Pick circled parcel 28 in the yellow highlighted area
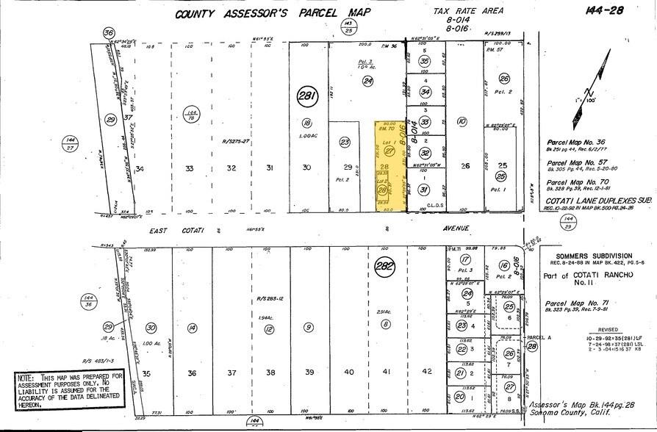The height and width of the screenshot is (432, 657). [381, 190]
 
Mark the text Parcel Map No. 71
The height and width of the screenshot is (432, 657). [581, 303]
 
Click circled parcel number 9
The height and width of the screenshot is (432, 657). [309, 327]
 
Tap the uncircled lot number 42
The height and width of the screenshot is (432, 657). [427, 372]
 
